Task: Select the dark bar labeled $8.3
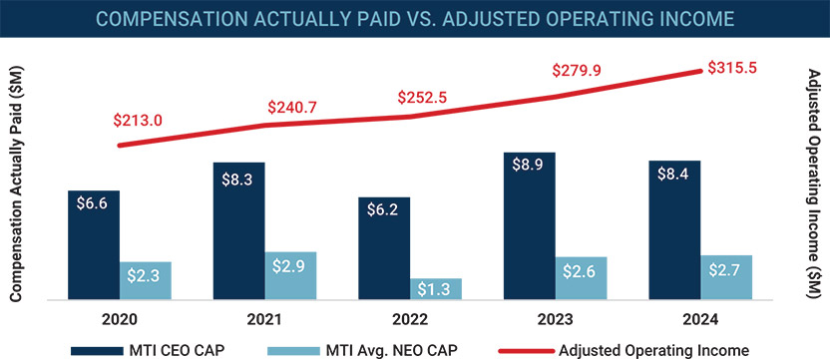[x=238, y=230]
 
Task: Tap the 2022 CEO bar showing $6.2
[x=384, y=248]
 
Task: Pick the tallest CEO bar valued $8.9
[x=529, y=225]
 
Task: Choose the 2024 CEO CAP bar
[x=674, y=229]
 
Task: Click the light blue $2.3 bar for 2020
[x=146, y=280]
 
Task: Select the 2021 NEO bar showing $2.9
[x=290, y=275]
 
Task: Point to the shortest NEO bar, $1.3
[x=436, y=288]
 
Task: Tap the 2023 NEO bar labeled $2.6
[x=581, y=277]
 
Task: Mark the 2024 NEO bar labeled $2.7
[x=726, y=276]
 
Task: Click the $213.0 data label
[x=138, y=121]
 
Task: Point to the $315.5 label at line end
[x=734, y=68]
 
